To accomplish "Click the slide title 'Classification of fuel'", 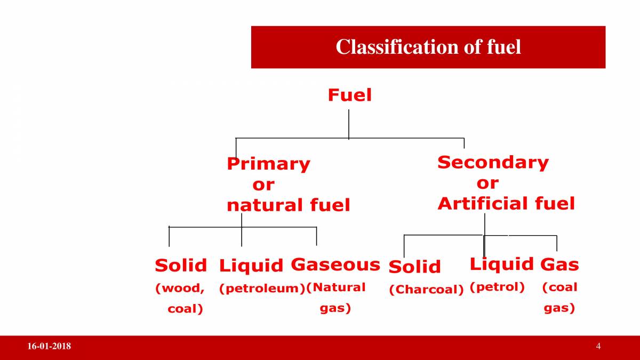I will click(x=428, y=47).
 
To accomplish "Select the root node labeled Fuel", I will click(x=349, y=95).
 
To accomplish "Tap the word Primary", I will click(x=268, y=164).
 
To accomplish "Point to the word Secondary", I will click(x=493, y=162).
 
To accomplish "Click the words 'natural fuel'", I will click(x=288, y=205).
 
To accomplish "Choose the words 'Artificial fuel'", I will click(x=506, y=203).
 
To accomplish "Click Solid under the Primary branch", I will click(x=180, y=265).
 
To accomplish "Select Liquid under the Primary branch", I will click(x=251, y=265).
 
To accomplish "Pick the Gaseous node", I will click(x=335, y=265).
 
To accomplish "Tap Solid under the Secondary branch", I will click(x=414, y=267).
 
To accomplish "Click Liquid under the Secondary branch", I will click(x=501, y=263).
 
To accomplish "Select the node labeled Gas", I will click(x=559, y=265).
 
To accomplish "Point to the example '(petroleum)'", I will click(x=262, y=289).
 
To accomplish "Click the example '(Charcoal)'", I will click(x=426, y=290).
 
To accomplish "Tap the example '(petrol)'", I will click(x=497, y=287).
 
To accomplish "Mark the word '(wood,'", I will click(x=180, y=289).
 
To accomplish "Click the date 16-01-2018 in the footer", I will click(x=49, y=347).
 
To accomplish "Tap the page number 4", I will click(x=598, y=347).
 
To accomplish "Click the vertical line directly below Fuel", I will click(x=349, y=124).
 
